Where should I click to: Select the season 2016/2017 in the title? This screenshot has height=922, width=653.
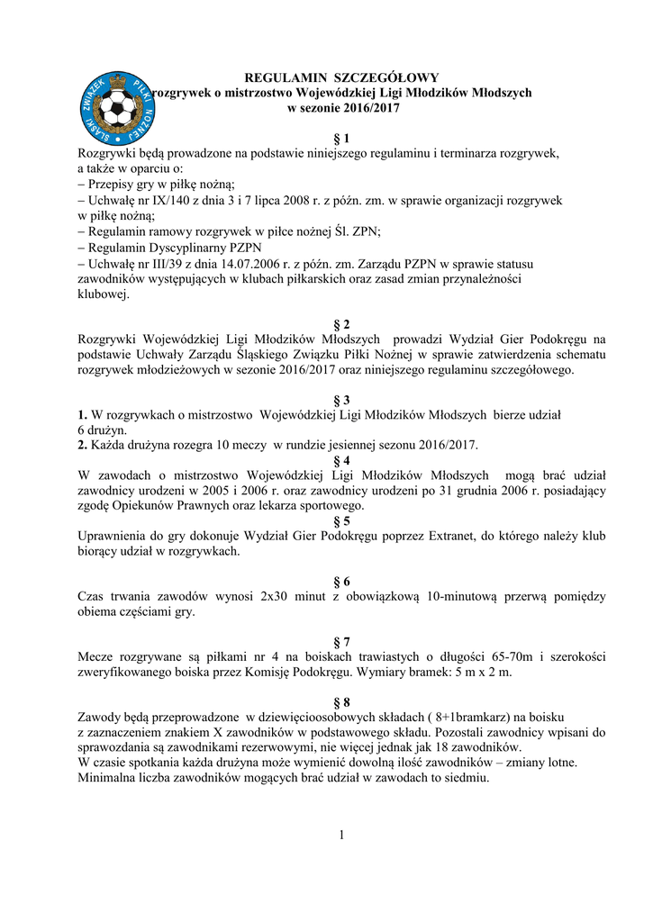[366, 108]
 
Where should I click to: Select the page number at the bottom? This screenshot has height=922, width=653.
[342, 836]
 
